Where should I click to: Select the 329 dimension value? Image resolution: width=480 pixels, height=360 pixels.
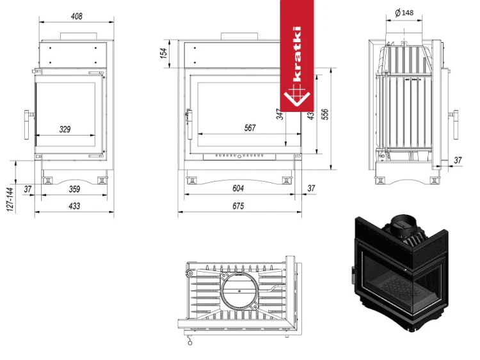coord(64,129)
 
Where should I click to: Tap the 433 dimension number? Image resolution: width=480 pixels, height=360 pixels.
coord(74,206)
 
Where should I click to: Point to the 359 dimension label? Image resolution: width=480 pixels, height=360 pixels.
coord(74,189)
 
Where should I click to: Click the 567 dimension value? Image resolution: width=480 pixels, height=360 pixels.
coord(250,128)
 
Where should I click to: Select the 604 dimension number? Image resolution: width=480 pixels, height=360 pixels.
coord(238,188)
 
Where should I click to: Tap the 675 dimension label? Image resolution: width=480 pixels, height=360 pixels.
coord(238,206)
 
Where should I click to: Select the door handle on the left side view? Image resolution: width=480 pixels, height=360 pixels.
coord(27,124)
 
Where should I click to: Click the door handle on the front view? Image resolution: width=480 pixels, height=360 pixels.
coord(188,125)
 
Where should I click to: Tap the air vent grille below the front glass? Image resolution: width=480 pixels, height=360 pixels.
coord(241,155)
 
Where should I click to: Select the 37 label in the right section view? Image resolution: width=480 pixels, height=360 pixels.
coord(458,159)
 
